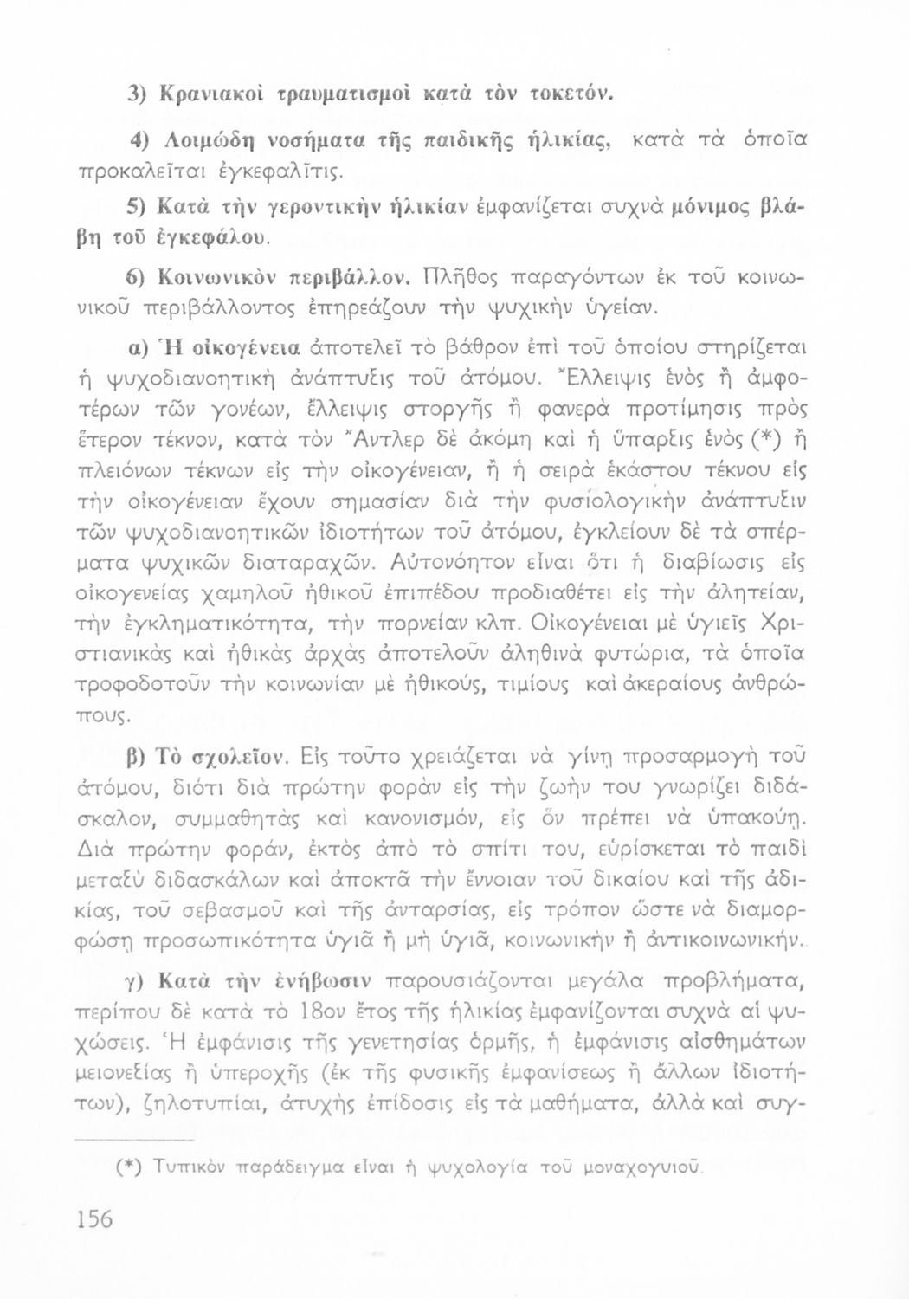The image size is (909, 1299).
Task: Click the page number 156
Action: (93, 1220)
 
